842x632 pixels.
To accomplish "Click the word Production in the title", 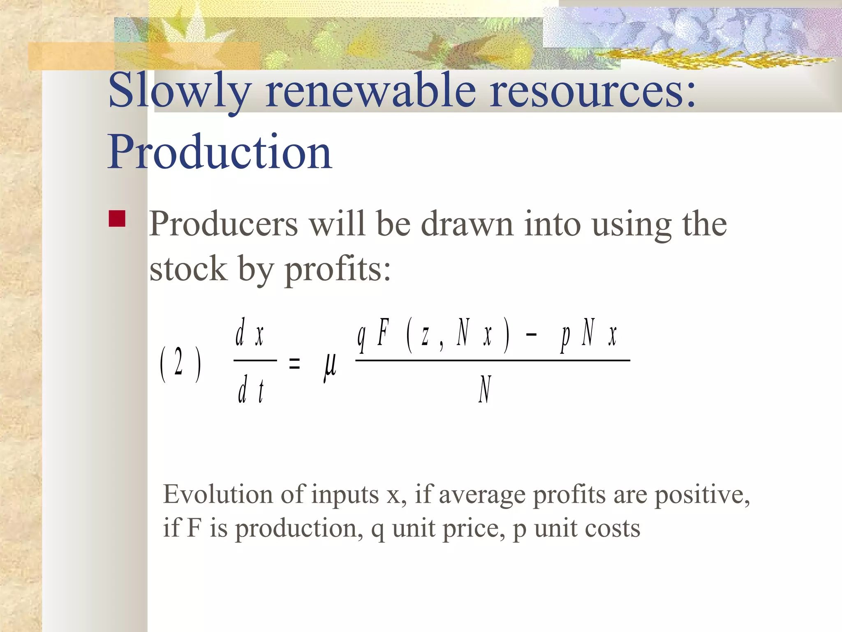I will (220, 152).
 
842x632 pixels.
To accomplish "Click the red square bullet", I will (117, 218).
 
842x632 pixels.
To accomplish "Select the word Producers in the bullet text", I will (223, 224).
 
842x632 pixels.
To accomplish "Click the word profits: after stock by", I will (338, 270).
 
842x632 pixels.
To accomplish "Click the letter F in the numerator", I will (383, 333).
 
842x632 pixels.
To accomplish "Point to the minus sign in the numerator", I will (531, 335).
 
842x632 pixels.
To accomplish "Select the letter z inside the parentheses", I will (425, 335).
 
